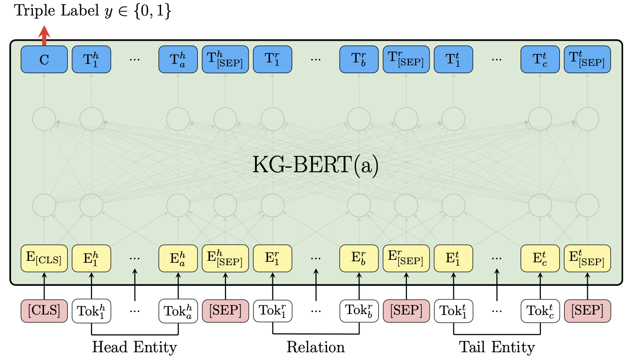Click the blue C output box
coord(44,60)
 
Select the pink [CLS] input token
coord(44,311)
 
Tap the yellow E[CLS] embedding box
coord(44,259)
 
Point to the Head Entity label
coord(134,347)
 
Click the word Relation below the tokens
coord(315,347)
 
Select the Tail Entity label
coord(497,347)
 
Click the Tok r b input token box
coord(359,311)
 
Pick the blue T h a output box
coord(178,60)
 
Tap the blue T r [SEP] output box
coord(406,60)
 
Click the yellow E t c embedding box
coord(540,259)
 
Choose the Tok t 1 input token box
coord(453,311)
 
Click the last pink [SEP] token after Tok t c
coord(587,311)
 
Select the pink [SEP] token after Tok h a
coord(225,311)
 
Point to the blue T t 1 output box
coord(453,60)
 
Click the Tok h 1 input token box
coord(91,311)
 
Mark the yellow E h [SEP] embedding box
coord(225,259)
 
